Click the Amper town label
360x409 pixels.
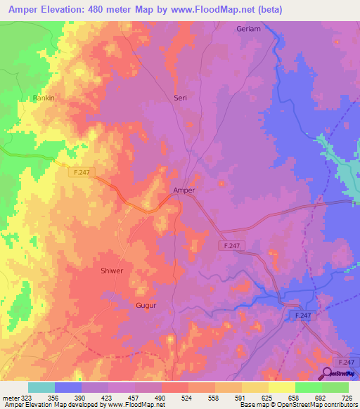pyautogui.click(x=184, y=190)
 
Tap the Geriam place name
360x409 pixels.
pyautogui.click(x=247, y=29)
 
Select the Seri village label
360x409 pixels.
pyautogui.click(x=180, y=98)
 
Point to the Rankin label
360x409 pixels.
pyautogui.click(x=44, y=98)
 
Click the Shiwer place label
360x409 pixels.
pyautogui.click(x=111, y=271)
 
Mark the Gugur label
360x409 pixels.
pyautogui.click(x=145, y=306)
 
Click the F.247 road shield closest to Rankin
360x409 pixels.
pyautogui.click(x=82, y=171)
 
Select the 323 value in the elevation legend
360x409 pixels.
pyautogui.click(x=27, y=397)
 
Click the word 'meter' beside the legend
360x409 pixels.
pyautogui.click(x=10, y=397)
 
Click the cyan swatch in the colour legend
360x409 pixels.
pyautogui.click(x=41, y=387)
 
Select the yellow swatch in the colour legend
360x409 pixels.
pyautogui.click(x=282, y=387)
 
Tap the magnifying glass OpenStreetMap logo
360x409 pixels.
pyautogui.click(x=326, y=373)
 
